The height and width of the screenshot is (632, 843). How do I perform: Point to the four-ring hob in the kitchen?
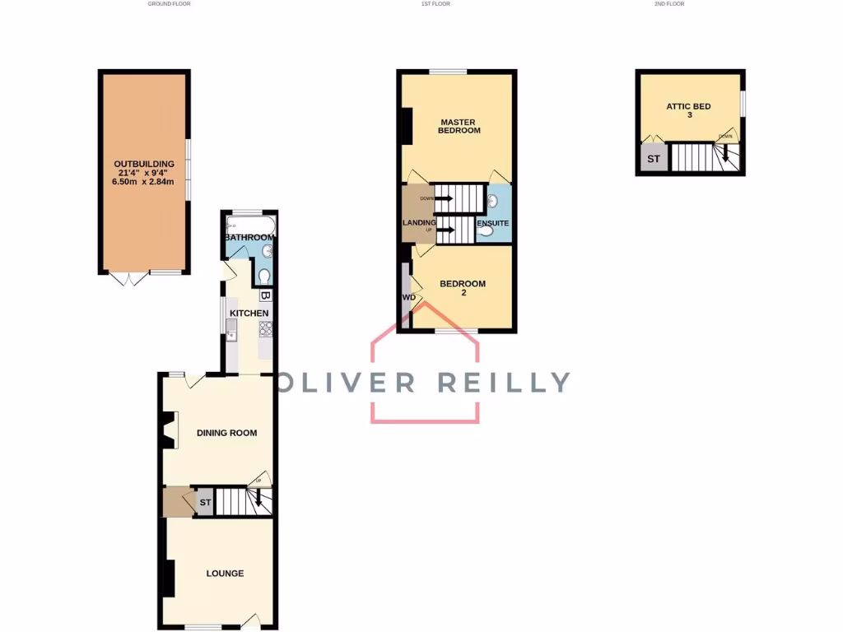[x=266, y=330]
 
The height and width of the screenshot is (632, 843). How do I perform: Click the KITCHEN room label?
[x=249, y=314]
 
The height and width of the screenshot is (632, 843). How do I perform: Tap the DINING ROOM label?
[x=226, y=433]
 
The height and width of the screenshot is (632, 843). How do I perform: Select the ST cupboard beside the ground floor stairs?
[x=205, y=502]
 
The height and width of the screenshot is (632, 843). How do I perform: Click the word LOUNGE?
[x=225, y=574]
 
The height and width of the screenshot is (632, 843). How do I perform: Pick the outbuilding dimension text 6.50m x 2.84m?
[x=144, y=182]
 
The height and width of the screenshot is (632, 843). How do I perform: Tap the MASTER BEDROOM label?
[x=459, y=125]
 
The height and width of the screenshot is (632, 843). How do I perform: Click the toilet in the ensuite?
[x=487, y=232]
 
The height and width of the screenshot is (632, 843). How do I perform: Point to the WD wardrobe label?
[x=408, y=297]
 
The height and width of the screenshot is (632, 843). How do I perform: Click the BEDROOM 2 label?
[x=463, y=288]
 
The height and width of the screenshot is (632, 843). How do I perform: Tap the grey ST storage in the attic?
[x=654, y=159]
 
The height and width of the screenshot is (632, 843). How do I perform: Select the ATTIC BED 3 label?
[x=689, y=110]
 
